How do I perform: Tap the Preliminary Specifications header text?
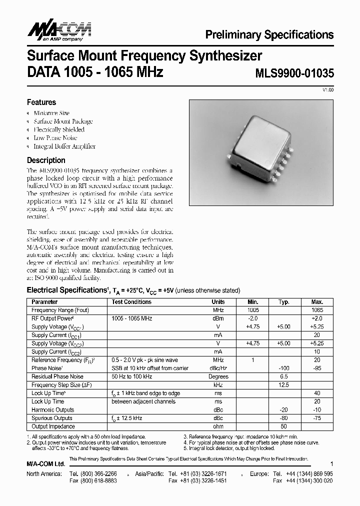point(269,34)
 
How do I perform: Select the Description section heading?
point(45,160)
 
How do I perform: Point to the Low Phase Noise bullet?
point(55,138)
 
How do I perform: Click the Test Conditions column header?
point(131,302)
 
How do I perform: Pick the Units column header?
point(218,302)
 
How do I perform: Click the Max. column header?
point(317,302)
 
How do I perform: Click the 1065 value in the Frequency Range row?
point(317,310)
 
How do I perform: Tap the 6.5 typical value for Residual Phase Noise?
point(284,376)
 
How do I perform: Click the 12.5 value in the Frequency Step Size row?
point(284,385)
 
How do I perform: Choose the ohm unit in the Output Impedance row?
point(218,426)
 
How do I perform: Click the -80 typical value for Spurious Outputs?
point(284,418)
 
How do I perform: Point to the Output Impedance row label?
point(53,426)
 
